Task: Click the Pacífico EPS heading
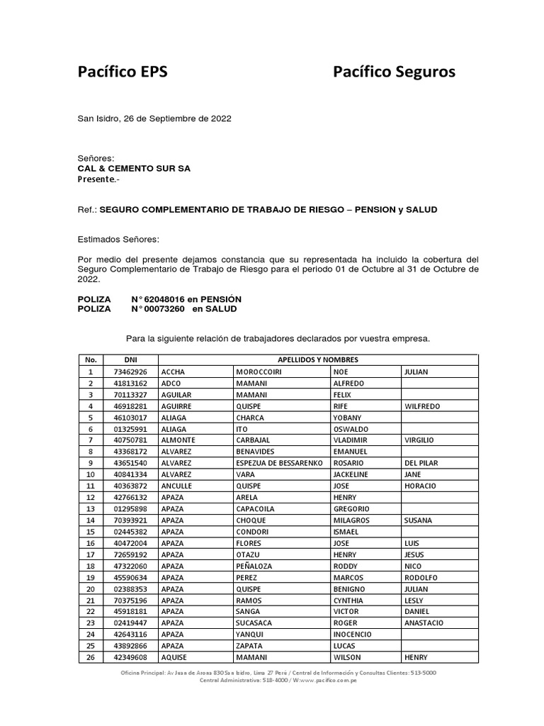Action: click(123, 72)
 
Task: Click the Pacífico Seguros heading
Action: click(395, 72)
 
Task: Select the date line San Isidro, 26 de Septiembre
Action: click(154, 118)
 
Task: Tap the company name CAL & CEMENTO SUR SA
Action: click(134, 169)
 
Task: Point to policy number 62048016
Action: click(160, 299)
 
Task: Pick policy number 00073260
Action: click(160, 309)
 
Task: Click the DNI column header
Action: click(130, 360)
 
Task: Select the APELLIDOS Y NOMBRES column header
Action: click(318, 360)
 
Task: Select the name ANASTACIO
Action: click(424, 623)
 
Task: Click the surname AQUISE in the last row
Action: click(174, 657)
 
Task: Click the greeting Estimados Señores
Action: click(118, 240)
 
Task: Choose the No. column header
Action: click(90, 360)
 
